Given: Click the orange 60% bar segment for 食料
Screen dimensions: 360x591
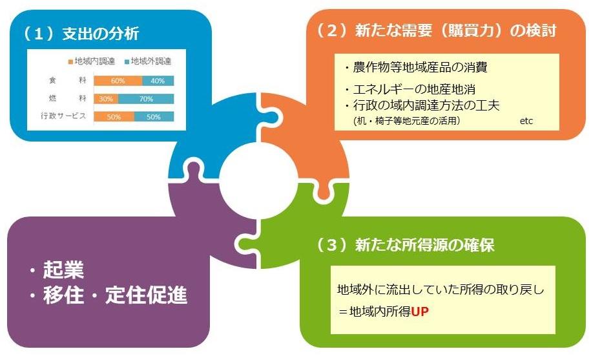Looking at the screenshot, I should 118,81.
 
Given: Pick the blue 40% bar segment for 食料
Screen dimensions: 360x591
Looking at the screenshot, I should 158,81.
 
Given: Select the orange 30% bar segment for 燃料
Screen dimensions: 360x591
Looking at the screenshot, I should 106,99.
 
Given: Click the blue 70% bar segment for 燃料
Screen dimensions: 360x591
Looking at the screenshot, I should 146,99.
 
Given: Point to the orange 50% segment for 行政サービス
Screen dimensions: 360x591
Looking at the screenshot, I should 114,117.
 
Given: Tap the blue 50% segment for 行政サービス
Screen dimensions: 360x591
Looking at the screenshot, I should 154,117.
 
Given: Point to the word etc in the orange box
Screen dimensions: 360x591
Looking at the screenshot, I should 526,121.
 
